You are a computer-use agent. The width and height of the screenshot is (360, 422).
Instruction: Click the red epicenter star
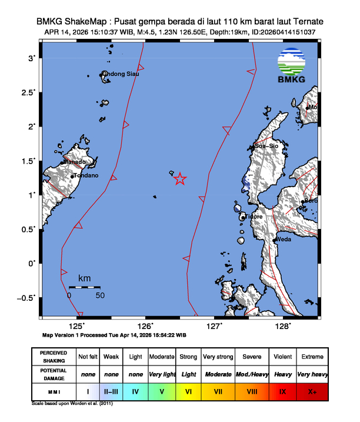pos(180,179)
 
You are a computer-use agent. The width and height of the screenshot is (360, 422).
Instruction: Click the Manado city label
pos(75,162)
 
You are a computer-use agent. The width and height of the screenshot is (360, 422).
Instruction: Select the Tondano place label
pos(85,175)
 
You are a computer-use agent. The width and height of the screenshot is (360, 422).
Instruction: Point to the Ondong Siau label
pos(122,74)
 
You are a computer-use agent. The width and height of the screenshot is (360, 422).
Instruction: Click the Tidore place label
pos(254,217)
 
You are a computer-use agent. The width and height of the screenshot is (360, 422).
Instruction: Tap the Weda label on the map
pos(285,240)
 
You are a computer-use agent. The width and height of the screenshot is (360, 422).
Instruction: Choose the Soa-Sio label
pos(266,146)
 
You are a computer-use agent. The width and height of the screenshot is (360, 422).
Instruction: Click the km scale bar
pos(84,287)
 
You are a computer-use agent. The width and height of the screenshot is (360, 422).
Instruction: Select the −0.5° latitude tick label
pos(26,297)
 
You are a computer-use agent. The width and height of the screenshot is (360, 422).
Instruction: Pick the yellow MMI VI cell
pos(189,390)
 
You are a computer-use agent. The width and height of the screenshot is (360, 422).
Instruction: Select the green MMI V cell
pos(162,390)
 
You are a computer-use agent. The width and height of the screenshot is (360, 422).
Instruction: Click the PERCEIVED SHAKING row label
pos(54,357)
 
